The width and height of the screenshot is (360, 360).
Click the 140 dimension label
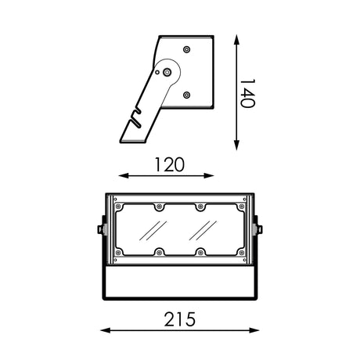click(247, 93)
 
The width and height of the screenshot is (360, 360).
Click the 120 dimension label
click(170, 164)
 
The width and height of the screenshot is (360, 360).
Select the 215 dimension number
click(179, 319)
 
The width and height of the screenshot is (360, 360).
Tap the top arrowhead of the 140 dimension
click(236, 40)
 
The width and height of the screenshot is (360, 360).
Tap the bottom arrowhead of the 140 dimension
click(236, 145)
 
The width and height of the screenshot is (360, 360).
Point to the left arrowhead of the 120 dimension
click(124, 176)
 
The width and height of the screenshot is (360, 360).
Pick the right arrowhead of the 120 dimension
click(209, 176)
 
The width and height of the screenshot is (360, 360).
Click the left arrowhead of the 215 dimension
click(106, 330)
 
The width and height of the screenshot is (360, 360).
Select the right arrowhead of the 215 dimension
click(254, 330)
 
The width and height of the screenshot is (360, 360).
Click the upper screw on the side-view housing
click(186, 49)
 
